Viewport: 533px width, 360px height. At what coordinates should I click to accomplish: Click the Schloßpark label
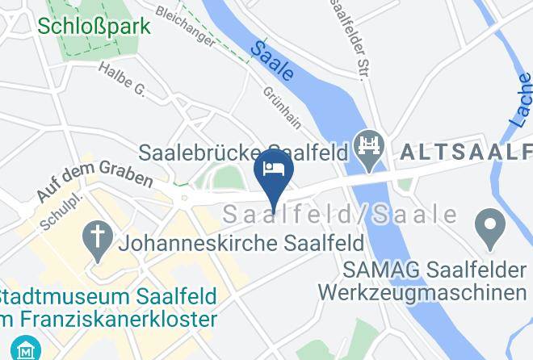coord(94,26)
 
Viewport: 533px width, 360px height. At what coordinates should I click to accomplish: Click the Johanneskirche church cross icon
coord(99,241)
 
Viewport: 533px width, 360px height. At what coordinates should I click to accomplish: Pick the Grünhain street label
coord(282,107)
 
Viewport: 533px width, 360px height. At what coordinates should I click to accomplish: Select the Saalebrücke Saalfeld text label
coord(242,152)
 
